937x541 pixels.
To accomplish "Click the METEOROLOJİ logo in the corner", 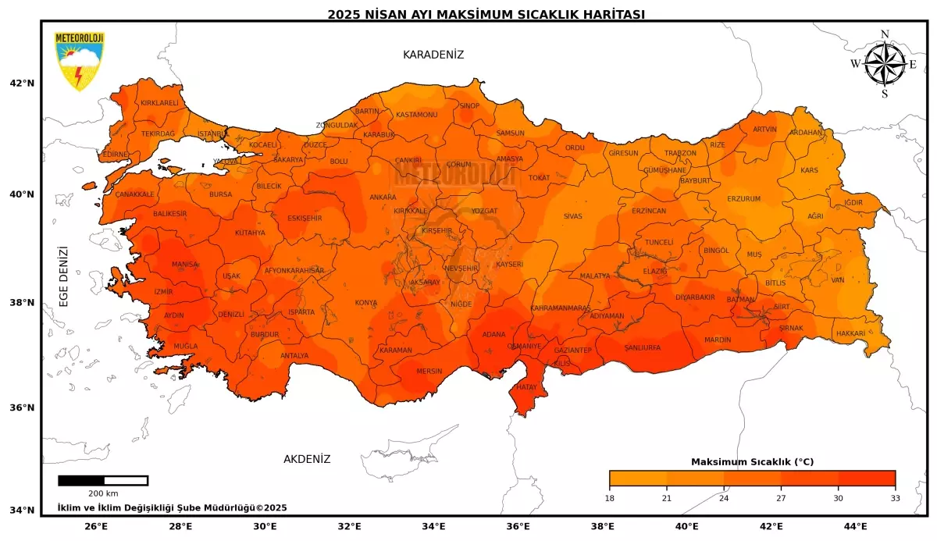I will coord(79,61).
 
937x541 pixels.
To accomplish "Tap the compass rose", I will coord(885,64).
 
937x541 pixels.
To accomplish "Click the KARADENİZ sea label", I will coord(433,55).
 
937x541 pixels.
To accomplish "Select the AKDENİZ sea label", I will coord(307,459).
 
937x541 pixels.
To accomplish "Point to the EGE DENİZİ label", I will coord(64,276).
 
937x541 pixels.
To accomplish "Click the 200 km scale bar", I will coord(103,480).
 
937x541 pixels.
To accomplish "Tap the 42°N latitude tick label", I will coord(22,84).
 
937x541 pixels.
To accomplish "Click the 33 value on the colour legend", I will coord(895,497).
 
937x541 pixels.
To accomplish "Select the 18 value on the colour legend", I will coord(610,497).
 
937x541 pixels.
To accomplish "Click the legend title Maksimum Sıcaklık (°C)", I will coord(752,461).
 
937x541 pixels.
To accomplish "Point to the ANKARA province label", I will coord(383,198).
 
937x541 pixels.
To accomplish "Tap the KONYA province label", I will coord(366,303).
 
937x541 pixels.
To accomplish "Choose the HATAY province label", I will coord(527,386).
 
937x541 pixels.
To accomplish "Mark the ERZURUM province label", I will coord(743,199).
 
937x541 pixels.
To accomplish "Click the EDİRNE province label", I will coord(115,155).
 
